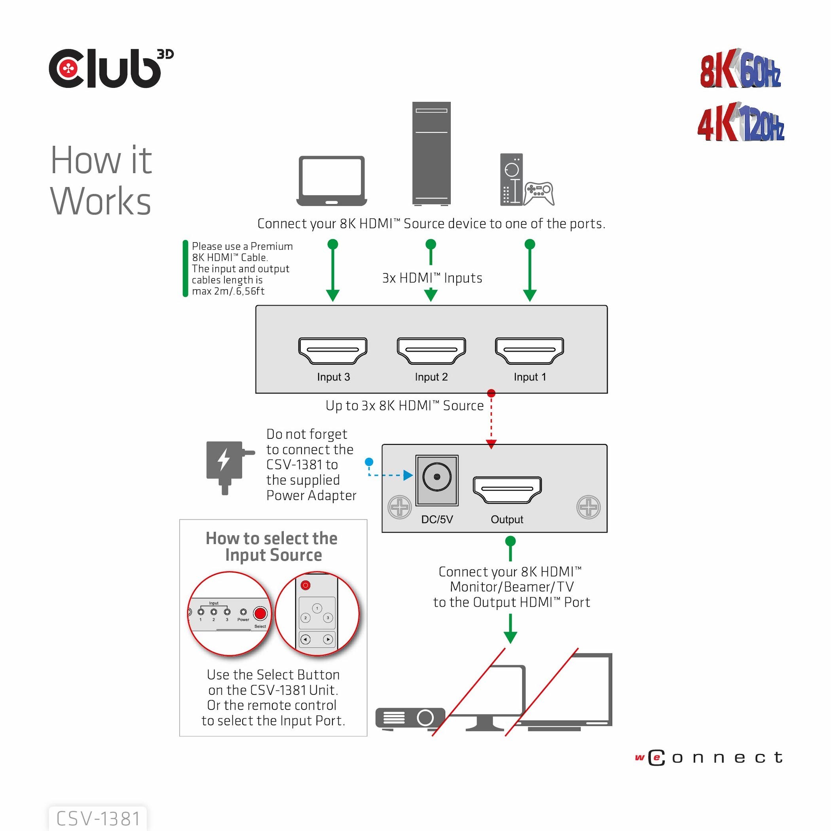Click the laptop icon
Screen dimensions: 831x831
point(332,181)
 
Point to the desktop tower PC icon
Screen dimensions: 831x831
point(431,153)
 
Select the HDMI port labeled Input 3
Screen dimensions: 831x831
point(332,351)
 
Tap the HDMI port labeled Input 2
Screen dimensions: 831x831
point(431,351)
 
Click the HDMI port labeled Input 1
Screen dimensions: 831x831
point(529,351)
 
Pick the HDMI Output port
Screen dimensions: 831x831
point(507,489)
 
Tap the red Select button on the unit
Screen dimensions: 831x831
point(260,613)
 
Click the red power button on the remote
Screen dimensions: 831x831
point(305,585)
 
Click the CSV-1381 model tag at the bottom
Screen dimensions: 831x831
point(98,818)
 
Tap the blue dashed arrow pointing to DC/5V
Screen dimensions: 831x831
point(389,475)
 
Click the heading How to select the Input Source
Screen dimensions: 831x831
point(272,546)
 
